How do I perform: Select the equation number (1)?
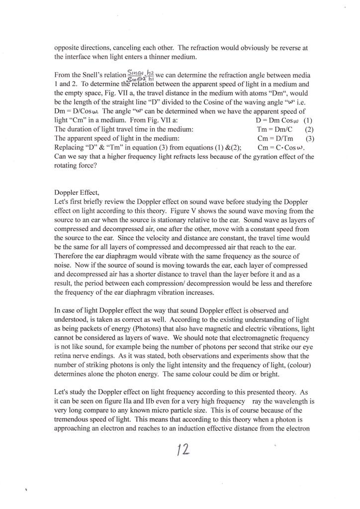[307, 120]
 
